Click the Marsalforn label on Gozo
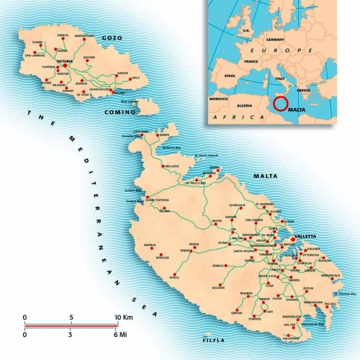(84, 35)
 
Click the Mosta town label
(215, 220)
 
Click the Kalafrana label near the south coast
(291, 337)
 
